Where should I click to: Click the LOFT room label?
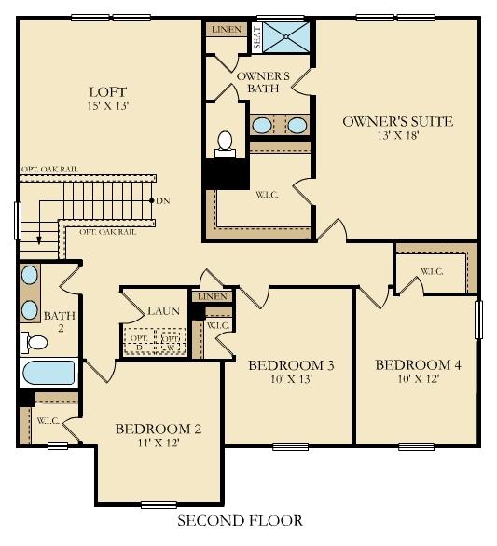pyautogui.click(x=107, y=91)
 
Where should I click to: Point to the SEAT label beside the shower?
pyautogui.click(x=256, y=37)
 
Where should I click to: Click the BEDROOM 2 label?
pyautogui.click(x=159, y=429)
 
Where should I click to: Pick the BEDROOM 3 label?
pyautogui.click(x=291, y=364)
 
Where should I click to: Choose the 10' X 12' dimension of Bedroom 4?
pyautogui.click(x=418, y=379)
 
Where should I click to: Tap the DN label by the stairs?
pyautogui.click(x=163, y=200)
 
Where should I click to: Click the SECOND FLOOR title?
pyautogui.click(x=240, y=520)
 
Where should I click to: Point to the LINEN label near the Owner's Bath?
pyautogui.click(x=227, y=30)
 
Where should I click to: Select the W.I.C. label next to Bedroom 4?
pyautogui.click(x=432, y=272)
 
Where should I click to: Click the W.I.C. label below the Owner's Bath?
pyautogui.click(x=266, y=196)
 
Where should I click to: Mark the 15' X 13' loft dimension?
pyautogui.click(x=107, y=106)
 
